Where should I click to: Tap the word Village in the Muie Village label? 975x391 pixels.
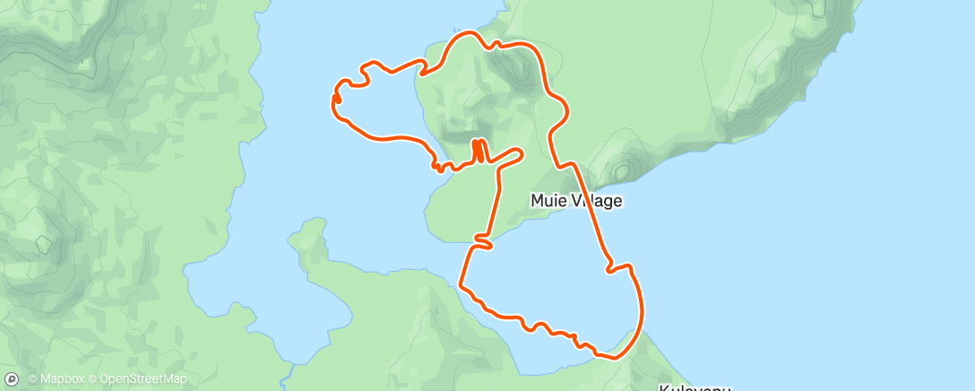(593, 201)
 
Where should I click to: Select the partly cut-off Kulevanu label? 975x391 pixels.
(695, 387)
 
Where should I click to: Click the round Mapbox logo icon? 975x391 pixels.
(12, 379)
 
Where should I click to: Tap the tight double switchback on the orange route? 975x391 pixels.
(479, 150)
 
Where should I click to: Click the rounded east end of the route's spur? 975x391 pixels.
(519, 152)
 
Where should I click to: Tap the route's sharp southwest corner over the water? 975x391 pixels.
(461, 285)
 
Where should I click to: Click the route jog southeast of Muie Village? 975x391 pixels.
(618, 265)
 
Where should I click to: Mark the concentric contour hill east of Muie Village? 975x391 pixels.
(621, 169)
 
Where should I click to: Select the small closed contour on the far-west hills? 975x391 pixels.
(43, 242)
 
